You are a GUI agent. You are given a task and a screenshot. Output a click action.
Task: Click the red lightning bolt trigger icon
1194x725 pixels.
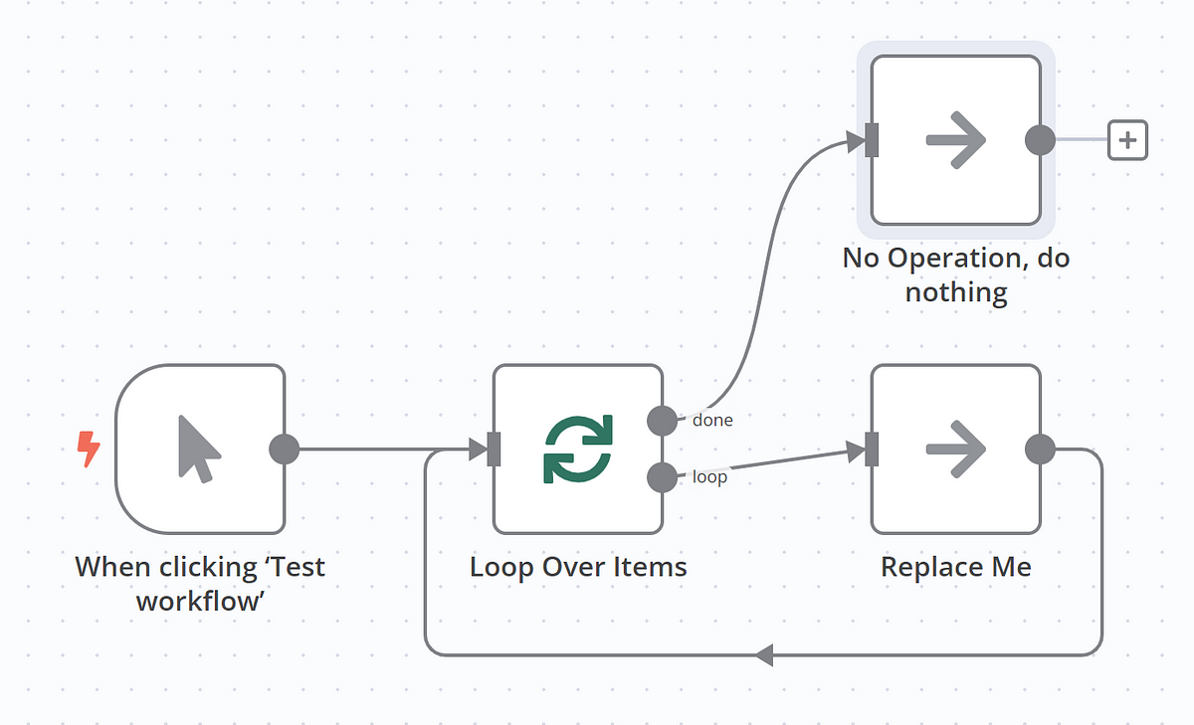(89, 450)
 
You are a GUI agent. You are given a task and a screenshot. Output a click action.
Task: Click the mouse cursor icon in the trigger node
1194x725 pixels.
(199, 450)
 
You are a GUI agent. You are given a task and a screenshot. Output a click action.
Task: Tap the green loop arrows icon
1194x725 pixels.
(578, 450)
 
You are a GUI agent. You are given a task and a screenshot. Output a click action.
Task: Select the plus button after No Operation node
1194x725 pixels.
(1127, 140)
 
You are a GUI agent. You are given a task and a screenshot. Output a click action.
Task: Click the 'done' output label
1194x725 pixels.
(712, 421)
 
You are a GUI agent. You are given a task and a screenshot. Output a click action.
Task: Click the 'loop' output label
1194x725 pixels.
(709, 478)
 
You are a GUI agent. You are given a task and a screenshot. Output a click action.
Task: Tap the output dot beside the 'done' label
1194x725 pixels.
(662, 421)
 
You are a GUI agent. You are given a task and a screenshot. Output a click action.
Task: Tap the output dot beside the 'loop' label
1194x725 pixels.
(662, 478)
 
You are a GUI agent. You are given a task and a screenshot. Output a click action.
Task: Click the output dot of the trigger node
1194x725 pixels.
(285, 449)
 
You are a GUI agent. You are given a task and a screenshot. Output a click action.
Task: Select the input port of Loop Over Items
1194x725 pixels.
(494, 450)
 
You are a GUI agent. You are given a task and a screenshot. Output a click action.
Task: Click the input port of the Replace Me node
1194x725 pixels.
(872, 450)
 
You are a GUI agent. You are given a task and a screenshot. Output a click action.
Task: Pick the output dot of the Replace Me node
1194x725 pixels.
(1040, 449)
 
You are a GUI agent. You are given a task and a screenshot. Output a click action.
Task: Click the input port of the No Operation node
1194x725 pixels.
(872, 140)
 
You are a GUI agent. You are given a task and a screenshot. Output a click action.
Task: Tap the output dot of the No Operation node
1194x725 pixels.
(1040, 140)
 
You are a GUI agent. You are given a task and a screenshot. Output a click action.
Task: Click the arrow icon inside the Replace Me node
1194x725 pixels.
(955, 450)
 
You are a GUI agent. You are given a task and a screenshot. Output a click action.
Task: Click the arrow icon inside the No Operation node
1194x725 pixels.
(955, 140)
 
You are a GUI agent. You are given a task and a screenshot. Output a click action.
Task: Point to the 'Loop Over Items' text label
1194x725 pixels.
(578, 568)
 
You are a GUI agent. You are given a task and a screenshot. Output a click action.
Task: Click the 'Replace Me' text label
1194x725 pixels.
(955, 568)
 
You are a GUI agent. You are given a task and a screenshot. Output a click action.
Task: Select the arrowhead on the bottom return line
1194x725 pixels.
(764, 654)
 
